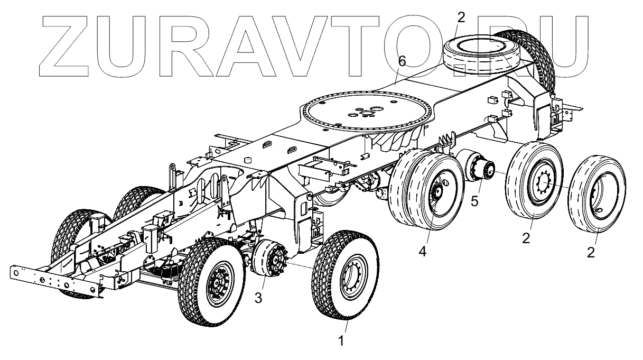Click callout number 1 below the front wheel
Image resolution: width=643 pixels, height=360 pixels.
click(341, 341)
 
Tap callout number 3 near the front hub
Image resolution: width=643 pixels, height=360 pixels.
click(258, 298)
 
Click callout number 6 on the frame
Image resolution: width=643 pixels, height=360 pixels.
click(402, 62)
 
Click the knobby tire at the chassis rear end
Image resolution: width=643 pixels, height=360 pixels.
click(534, 58)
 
